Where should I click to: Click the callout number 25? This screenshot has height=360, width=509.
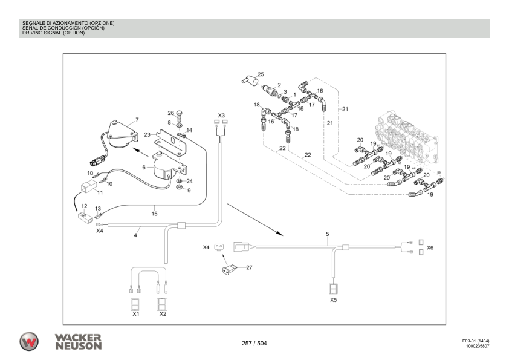click(261, 74)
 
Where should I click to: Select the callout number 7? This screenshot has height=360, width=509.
click(137, 120)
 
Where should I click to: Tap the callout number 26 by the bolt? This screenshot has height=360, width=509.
click(170, 113)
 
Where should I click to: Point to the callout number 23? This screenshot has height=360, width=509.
click(147, 135)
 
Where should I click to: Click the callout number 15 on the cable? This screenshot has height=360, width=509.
click(154, 212)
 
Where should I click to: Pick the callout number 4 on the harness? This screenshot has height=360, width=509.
click(135, 235)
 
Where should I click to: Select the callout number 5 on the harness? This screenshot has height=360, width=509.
click(327, 234)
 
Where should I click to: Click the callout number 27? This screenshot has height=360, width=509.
click(248, 267)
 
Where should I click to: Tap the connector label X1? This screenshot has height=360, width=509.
click(136, 314)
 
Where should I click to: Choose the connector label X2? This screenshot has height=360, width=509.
click(163, 314)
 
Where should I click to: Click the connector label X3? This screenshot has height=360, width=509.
click(221, 115)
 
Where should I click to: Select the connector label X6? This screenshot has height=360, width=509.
click(430, 248)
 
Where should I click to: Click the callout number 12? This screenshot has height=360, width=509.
click(84, 206)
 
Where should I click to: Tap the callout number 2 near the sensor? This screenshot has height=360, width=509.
click(279, 85)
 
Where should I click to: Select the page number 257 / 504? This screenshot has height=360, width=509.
click(254, 344)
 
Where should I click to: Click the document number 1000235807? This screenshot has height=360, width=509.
click(477, 347)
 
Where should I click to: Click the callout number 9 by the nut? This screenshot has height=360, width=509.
click(189, 191)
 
